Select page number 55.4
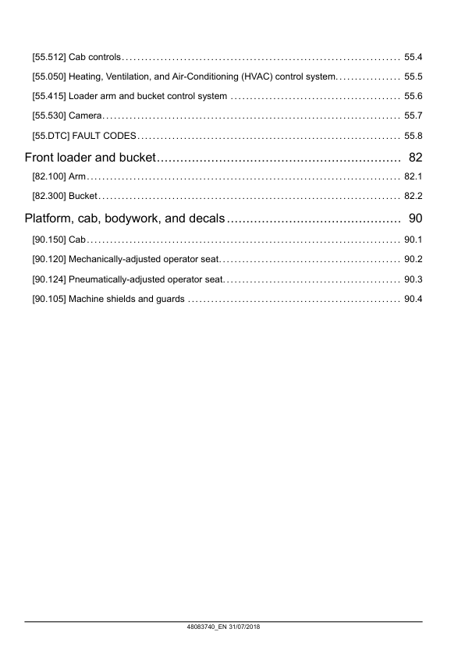point(413,58)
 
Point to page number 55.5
point(413,76)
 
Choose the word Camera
point(85,115)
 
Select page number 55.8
point(413,135)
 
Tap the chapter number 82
point(415,158)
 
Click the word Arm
point(76,177)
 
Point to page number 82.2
point(413,196)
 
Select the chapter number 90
point(415,218)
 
